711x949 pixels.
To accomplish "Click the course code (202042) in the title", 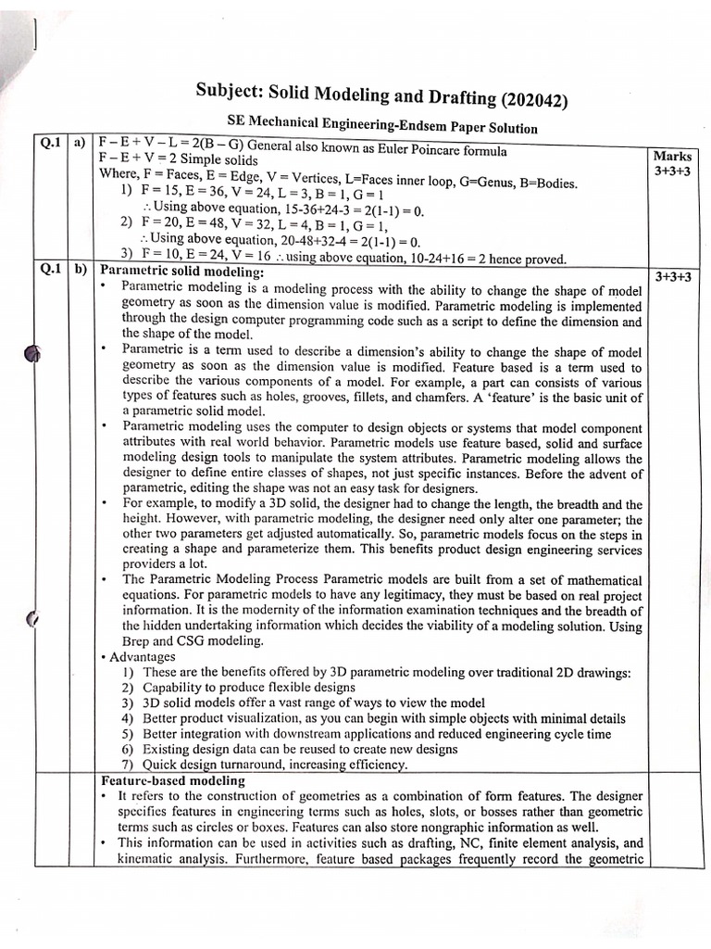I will tap(533, 100).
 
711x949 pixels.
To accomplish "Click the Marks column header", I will tap(671, 157).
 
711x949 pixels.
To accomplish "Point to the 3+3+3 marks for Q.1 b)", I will tap(673, 277).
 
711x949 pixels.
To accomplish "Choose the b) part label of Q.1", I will tap(80, 271).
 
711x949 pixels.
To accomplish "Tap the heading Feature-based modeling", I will tap(173, 780).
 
